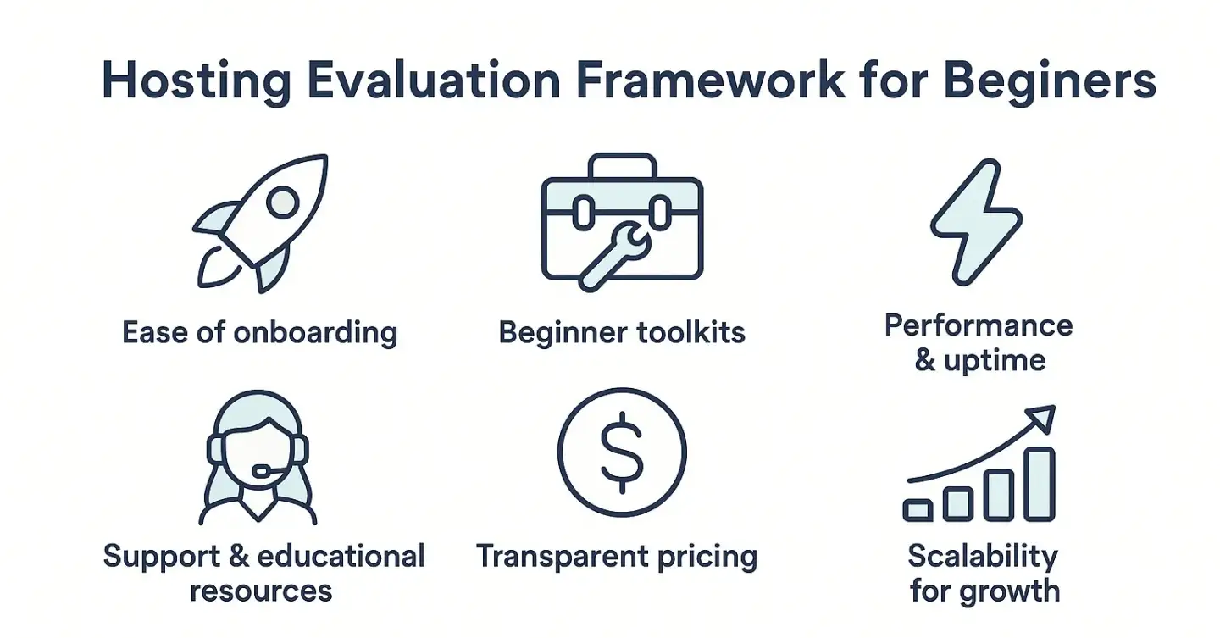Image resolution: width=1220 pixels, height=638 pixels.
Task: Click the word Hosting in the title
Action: tap(196, 81)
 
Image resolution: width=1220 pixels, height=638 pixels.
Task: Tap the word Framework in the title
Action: tap(710, 80)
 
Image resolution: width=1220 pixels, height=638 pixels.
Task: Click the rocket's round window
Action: tap(283, 202)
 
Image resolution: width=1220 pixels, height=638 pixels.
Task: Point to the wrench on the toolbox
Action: tap(615, 255)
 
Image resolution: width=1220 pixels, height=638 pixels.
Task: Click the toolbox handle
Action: tap(622, 165)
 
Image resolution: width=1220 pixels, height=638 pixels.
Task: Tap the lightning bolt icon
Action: tap(976, 222)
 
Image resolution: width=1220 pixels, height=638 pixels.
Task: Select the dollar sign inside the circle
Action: tap(622, 452)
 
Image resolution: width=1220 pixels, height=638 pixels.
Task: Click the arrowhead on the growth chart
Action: tap(1042, 418)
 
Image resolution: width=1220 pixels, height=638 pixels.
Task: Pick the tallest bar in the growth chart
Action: tap(1040, 484)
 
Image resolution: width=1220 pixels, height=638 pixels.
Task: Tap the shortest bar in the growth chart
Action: tap(918, 510)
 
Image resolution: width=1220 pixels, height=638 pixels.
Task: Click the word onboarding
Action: tap(315, 332)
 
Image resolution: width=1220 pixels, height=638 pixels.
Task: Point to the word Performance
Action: tap(979, 325)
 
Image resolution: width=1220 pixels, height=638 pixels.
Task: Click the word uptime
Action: tap(995, 361)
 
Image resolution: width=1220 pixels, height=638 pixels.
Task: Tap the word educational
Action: tap(341, 556)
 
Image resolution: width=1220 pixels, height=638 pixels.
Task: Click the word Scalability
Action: tap(983, 557)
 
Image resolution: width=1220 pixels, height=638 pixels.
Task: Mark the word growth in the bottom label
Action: tap(1009, 591)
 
